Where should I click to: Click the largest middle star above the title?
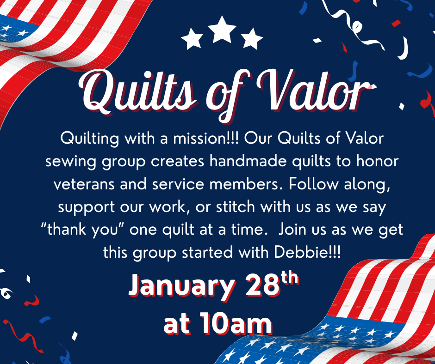[222, 30]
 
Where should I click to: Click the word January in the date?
[182, 285]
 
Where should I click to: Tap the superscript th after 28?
[290, 277]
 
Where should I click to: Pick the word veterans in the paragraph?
[84, 184]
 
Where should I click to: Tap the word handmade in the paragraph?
[248, 161]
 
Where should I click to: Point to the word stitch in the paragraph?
[236, 206]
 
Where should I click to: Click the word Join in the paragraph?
[292, 230]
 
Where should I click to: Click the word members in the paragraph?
[244, 184]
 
